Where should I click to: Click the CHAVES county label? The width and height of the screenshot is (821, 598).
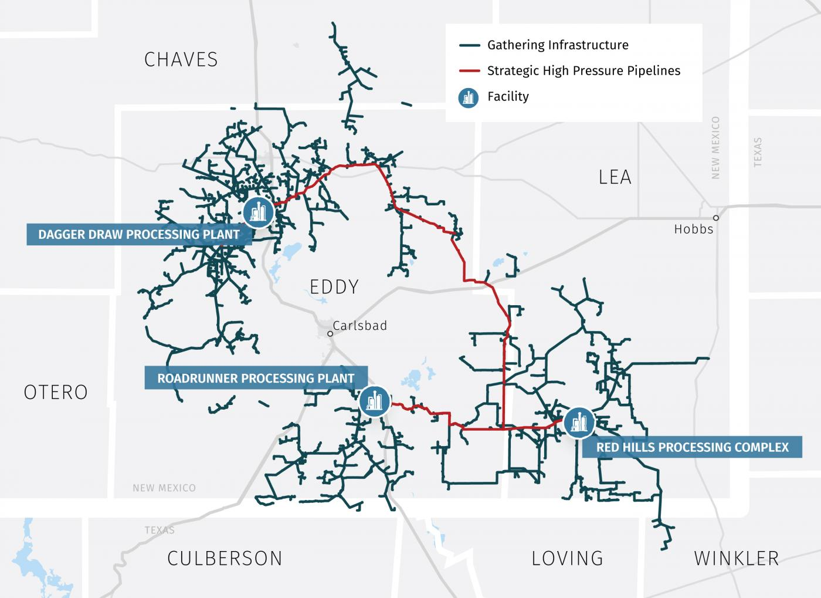click(x=181, y=59)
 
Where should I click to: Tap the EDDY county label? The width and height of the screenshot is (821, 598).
click(x=334, y=287)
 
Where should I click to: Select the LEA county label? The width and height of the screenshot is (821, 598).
click(x=615, y=177)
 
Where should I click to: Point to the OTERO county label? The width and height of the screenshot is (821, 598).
click(x=56, y=392)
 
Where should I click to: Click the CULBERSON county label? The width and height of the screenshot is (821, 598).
click(x=225, y=558)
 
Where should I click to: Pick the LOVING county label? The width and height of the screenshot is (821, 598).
click(x=567, y=558)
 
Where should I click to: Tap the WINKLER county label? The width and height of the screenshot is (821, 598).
click(x=737, y=558)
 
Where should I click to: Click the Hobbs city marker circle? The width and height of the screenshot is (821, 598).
click(x=715, y=218)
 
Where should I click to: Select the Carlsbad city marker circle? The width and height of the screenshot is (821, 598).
click(x=330, y=333)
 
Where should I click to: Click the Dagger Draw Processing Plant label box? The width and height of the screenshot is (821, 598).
click(x=139, y=235)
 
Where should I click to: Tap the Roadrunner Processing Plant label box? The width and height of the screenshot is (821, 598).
click(x=256, y=379)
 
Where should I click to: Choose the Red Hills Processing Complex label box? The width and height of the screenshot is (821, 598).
click(x=692, y=447)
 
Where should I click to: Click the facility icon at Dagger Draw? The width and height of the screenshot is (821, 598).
click(x=258, y=212)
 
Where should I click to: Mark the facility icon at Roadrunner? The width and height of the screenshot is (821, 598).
click(x=375, y=401)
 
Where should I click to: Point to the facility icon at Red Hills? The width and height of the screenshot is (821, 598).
click(x=579, y=422)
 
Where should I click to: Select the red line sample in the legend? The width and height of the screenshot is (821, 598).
click(x=469, y=71)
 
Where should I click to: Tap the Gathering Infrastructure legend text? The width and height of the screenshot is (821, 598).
click(x=558, y=45)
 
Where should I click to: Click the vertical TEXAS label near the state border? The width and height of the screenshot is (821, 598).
click(x=758, y=153)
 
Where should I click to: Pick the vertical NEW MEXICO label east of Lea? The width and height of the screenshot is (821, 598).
click(x=715, y=148)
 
